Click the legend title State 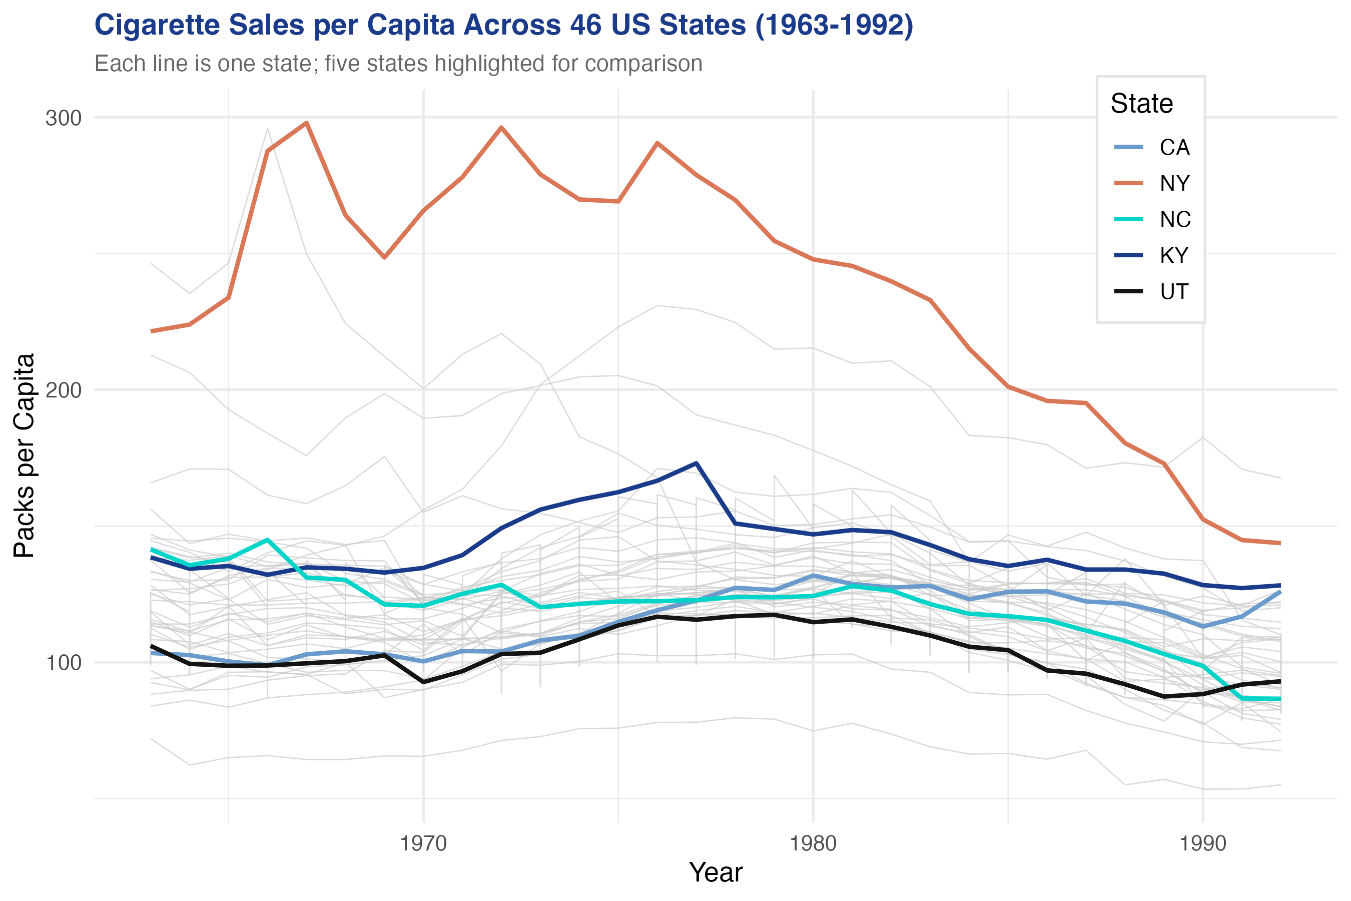click(x=1141, y=104)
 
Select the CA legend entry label click(x=1174, y=148)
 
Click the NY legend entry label click(x=1174, y=184)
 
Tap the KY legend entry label click(x=1173, y=256)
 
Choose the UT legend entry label click(x=1173, y=292)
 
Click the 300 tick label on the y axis click(x=63, y=118)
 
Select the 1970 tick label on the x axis click(x=423, y=844)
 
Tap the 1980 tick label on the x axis click(x=813, y=844)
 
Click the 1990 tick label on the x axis click(x=1203, y=844)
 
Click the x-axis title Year click(x=715, y=872)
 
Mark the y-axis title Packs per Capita click(x=24, y=456)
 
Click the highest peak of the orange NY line click(x=307, y=123)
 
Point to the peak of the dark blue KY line click(x=696, y=463)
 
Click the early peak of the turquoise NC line click(x=268, y=540)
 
